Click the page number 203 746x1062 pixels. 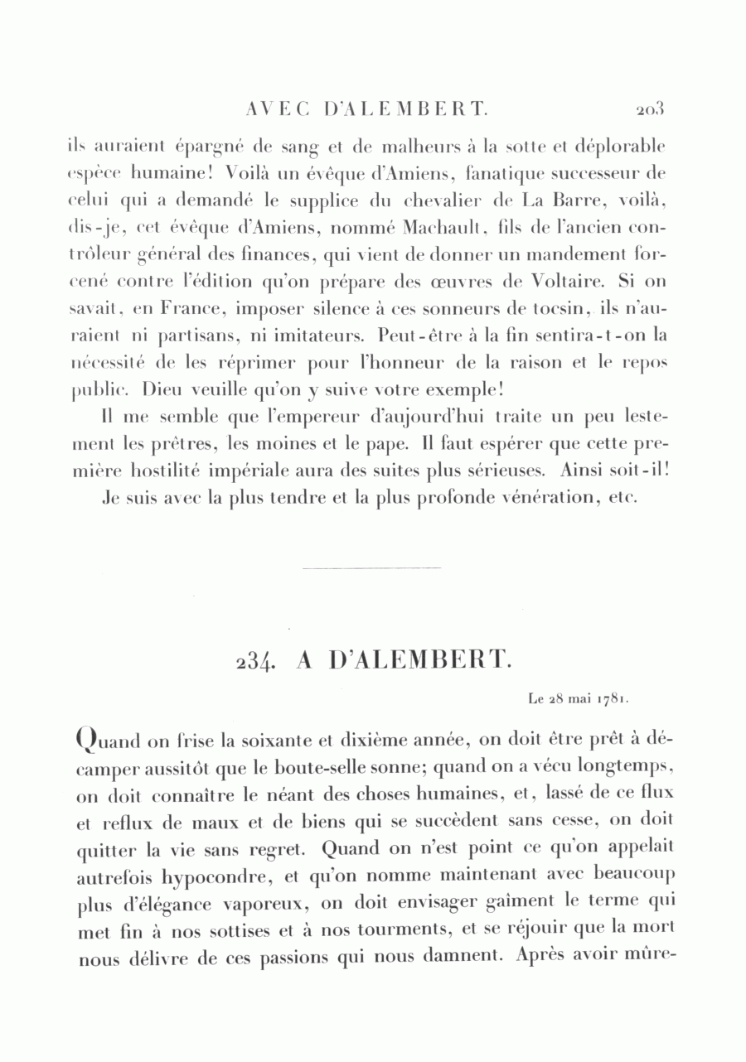(652, 109)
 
